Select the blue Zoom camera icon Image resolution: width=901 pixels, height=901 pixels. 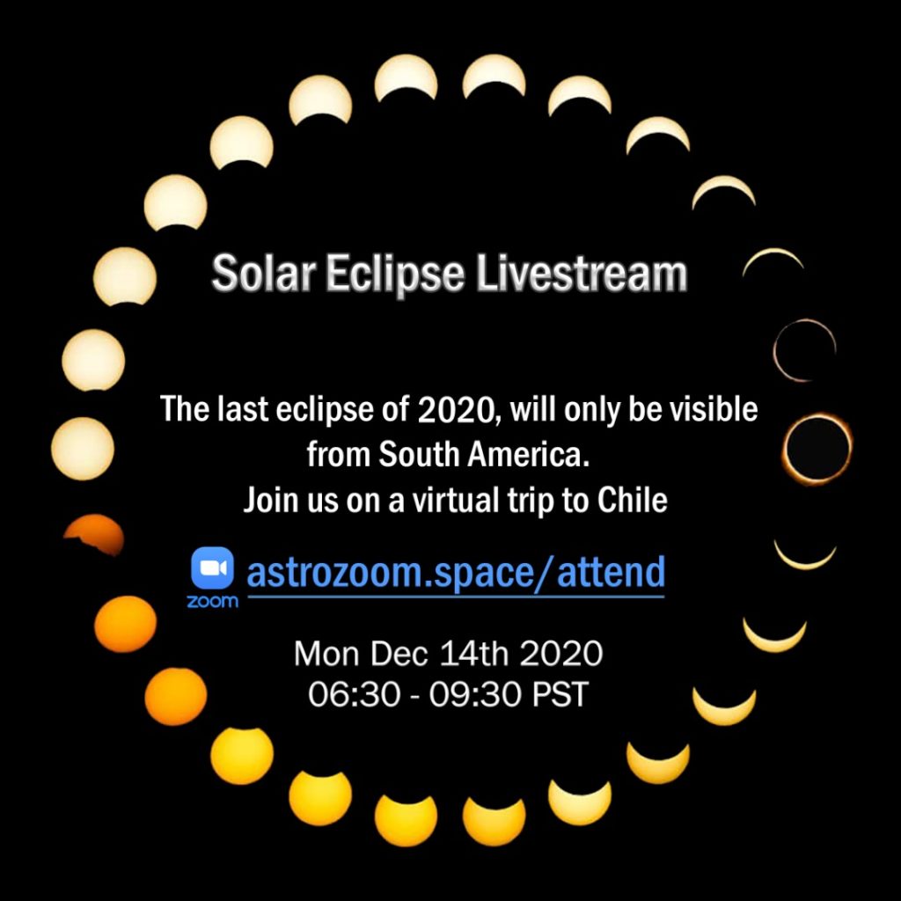point(213,568)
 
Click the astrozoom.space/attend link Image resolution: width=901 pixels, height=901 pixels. point(456,572)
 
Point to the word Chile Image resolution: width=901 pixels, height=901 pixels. point(632,500)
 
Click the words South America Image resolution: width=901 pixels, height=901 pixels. point(485,455)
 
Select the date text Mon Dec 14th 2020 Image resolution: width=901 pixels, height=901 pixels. point(448,654)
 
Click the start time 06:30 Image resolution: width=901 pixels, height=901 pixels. point(354,694)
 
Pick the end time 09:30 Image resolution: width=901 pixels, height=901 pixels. point(475,694)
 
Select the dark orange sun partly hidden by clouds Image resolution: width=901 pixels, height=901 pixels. point(95,531)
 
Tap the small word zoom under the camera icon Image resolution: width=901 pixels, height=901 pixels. point(212,602)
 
